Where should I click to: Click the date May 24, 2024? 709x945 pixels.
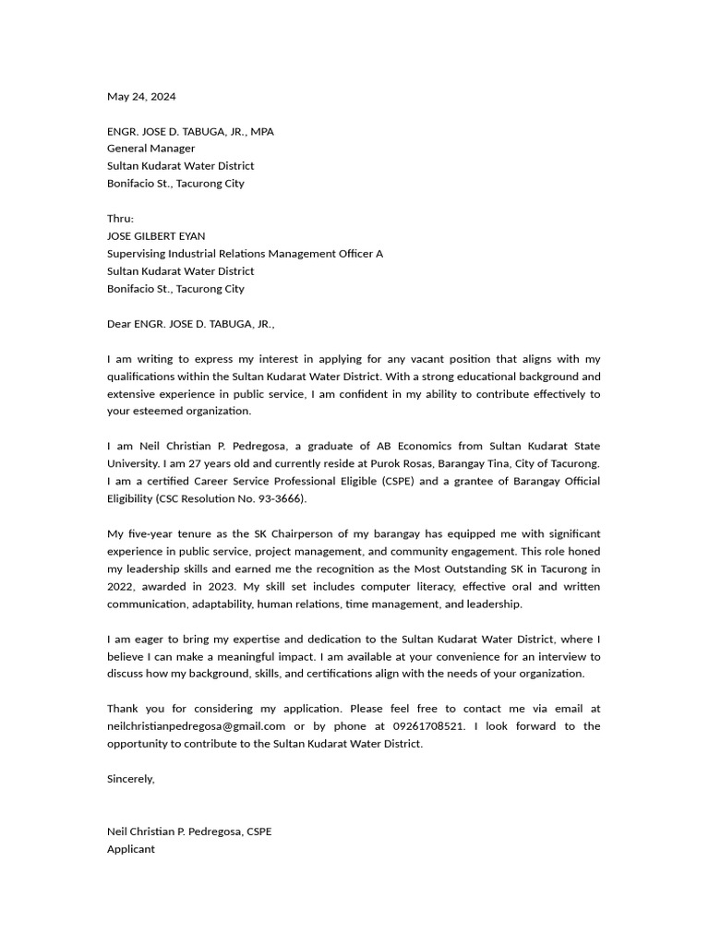[x=141, y=96]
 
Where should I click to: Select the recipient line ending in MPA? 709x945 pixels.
[x=190, y=131]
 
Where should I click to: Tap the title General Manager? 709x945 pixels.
[x=151, y=149]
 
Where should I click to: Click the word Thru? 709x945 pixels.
[x=120, y=219]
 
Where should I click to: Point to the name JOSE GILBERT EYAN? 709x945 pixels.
[x=156, y=236]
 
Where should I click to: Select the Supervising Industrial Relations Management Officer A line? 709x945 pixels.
[x=245, y=254]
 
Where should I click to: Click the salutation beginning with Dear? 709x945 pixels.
[x=190, y=324]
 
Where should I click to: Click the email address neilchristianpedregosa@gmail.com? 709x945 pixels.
[x=196, y=726]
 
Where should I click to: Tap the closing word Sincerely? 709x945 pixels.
[x=131, y=779]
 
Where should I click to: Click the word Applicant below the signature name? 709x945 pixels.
[x=131, y=849]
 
